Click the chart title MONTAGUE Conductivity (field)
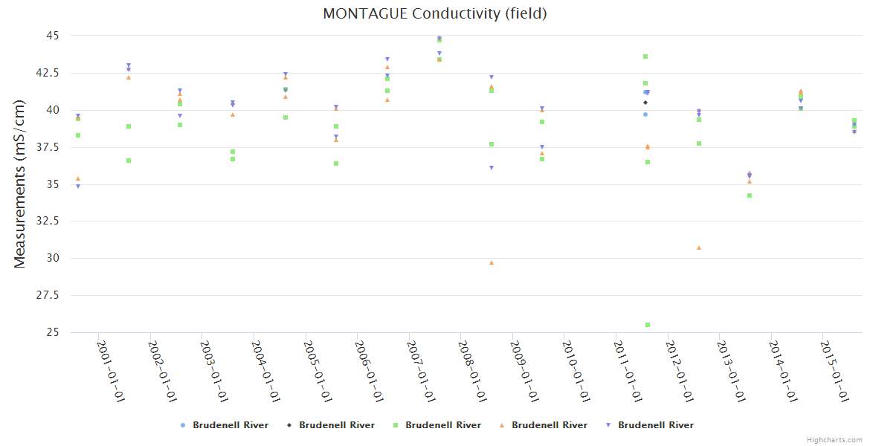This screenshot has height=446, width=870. [x=434, y=13]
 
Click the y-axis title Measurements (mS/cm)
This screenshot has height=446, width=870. [x=20, y=184]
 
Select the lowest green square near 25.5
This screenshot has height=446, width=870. [x=648, y=325]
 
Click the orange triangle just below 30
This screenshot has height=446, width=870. [x=492, y=262]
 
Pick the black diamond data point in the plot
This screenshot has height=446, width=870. [x=645, y=103]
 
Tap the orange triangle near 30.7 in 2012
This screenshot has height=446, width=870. [x=699, y=248]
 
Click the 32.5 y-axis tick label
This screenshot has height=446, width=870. [x=48, y=222]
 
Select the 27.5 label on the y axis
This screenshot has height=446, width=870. [x=48, y=296]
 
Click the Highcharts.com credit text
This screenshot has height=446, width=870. [x=834, y=440]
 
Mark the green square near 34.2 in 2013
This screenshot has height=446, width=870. [x=750, y=195]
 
